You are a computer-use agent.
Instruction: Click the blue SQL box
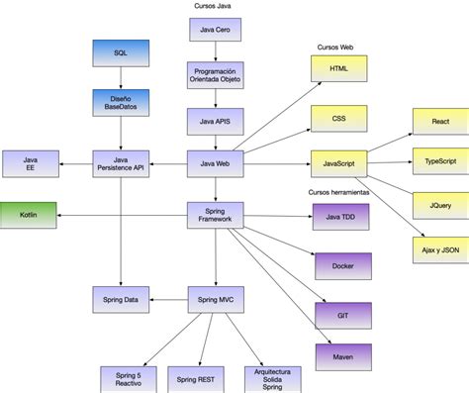pos(120,53)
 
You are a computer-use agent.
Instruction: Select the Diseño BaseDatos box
pos(120,102)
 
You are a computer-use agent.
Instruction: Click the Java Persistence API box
pos(120,163)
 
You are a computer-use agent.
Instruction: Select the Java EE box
pos(31,163)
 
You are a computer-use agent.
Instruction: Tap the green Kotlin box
pos(28,213)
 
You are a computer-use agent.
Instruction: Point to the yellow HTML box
pos(338,68)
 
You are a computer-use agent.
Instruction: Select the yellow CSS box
pos(338,119)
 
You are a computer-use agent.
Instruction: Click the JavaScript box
pos(338,162)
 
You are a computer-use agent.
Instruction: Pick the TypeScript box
pos(439,161)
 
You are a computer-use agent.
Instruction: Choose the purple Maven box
pos(342,355)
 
